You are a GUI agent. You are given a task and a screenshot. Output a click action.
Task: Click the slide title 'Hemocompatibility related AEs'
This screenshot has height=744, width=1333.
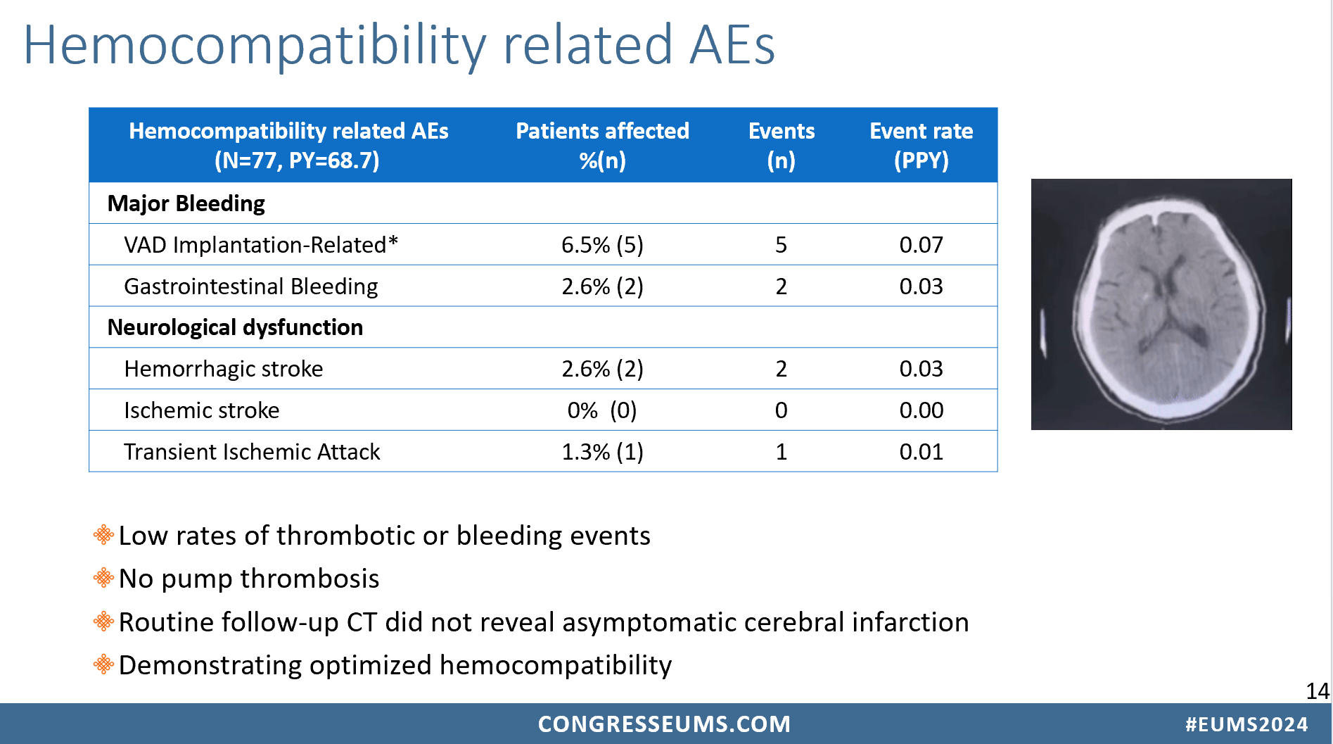click(x=399, y=45)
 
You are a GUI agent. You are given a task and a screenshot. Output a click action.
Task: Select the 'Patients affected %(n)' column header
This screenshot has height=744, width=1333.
click(x=602, y=146)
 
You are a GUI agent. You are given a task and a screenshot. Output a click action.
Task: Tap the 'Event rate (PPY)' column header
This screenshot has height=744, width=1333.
click(x=921, y=146)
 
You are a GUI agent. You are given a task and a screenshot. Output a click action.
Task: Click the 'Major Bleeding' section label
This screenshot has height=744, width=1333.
click(x=186, y=203)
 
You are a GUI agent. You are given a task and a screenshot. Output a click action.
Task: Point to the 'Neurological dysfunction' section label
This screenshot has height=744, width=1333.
click(x=235, y=327)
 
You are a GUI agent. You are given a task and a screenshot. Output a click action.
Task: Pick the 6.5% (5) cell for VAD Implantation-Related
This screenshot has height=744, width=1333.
click(x=602, y=245)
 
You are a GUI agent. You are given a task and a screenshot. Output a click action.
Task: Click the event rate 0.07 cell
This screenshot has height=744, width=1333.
click(x=921, y=245)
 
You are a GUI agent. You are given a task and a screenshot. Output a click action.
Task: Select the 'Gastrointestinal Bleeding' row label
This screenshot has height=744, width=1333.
click(x=251, y=286)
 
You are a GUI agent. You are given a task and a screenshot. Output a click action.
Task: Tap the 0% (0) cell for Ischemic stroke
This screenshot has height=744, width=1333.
click(x=602, y=410)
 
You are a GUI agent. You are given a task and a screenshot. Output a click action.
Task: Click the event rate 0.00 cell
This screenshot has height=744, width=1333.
click(x=921, y=410)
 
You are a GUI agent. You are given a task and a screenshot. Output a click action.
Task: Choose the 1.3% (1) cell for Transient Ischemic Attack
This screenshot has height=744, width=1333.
click(x=602, y=452)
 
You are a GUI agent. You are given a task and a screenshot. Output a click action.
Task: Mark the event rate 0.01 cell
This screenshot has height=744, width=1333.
click(x=921, y=452)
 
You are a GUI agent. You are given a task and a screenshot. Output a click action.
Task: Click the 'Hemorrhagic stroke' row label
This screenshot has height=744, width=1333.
click(x=224, y=369)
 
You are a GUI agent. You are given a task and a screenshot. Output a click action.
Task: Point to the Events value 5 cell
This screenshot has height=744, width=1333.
click(x=781, y=245)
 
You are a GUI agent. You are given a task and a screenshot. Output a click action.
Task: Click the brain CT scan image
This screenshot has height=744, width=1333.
click(x=1161, y=304)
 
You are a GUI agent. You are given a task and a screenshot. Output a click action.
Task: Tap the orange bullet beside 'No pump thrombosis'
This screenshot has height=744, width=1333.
click(x=103, y=578)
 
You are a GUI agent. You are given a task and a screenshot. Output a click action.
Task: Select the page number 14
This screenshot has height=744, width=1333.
click(x=1317, y=691)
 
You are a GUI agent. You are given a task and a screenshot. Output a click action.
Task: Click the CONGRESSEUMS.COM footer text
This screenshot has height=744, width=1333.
click(x=664, y=724)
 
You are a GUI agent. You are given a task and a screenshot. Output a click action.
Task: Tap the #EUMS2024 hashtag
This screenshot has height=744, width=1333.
click(x=1246, y=724)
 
